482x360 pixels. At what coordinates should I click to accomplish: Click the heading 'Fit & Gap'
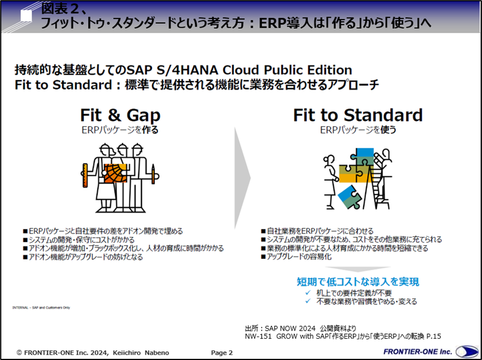point(120,114)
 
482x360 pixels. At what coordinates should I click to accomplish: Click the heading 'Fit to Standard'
point(357,114)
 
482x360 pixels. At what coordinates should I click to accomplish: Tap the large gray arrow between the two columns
point(242,173)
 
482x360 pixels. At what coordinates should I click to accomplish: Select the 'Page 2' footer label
point(222,353)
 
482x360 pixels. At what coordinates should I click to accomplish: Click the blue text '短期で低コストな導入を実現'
point(358,282)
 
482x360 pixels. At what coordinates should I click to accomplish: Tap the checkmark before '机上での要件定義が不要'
point(309,293)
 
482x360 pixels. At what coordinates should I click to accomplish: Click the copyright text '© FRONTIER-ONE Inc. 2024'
point(63,353)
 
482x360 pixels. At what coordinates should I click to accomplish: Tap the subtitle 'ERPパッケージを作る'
point(120,130)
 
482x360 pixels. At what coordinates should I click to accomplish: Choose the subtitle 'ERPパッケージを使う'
point(358,130)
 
